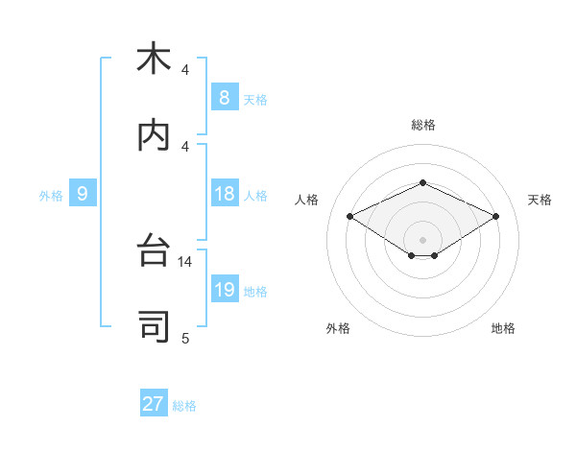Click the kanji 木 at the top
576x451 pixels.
click(154, 59)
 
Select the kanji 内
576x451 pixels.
click(154, 135)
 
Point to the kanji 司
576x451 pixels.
click(154, 326)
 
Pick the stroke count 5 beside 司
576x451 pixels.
click(185, 338)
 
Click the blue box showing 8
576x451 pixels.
click(224, 98)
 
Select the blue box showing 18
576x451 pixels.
click(224, 194)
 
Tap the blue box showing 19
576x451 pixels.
click(224, 290)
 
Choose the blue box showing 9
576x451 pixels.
click(83, 194)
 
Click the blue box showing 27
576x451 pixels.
click(154, 404)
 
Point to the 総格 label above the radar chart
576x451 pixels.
click(422, 125)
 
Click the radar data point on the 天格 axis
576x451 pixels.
click(495, 216)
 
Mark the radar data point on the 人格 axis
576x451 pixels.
click(349, 216)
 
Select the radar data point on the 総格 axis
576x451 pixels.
click(422, 182)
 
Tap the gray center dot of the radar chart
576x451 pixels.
click(422, 239)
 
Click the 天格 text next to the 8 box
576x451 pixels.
click(254, 100)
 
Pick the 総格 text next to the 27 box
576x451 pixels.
click(184, 406)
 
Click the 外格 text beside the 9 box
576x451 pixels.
click(51, 196)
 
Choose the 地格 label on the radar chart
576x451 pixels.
click(503, 328)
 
